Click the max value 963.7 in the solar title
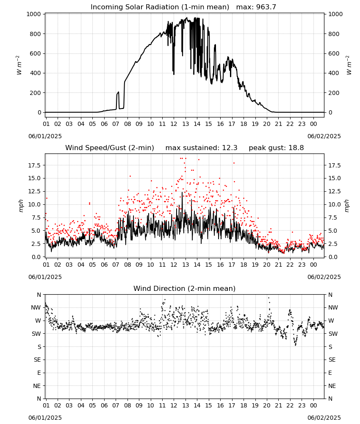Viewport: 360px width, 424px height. tap(266, 7)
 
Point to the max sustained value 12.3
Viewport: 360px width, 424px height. tap(230, 148)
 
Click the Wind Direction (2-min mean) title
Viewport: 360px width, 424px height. tap(185, 288)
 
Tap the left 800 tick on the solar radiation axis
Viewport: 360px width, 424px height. tap(36, 34)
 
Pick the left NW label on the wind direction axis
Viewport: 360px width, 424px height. tap(36, 307)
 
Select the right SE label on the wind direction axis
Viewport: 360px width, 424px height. tap(332, 360)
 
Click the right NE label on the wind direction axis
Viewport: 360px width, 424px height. tap(332, 386)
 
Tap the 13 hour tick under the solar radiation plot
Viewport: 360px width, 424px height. tap(185, 124)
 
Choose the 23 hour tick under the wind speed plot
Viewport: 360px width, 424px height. tap(302, 265)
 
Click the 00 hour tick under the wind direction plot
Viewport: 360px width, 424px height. tap(313, 405)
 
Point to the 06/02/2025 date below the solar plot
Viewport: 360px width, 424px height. tap(324, 136)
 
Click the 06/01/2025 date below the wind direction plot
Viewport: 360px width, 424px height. tap(45, 418)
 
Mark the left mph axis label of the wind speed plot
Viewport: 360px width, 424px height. tap(21, 206)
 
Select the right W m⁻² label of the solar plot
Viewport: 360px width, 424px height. tap(349, 65)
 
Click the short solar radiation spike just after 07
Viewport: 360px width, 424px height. tap(118, 100)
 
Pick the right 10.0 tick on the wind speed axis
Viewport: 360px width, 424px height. tap(335, 204)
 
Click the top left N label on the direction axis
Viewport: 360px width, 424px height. tap(39, 295)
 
